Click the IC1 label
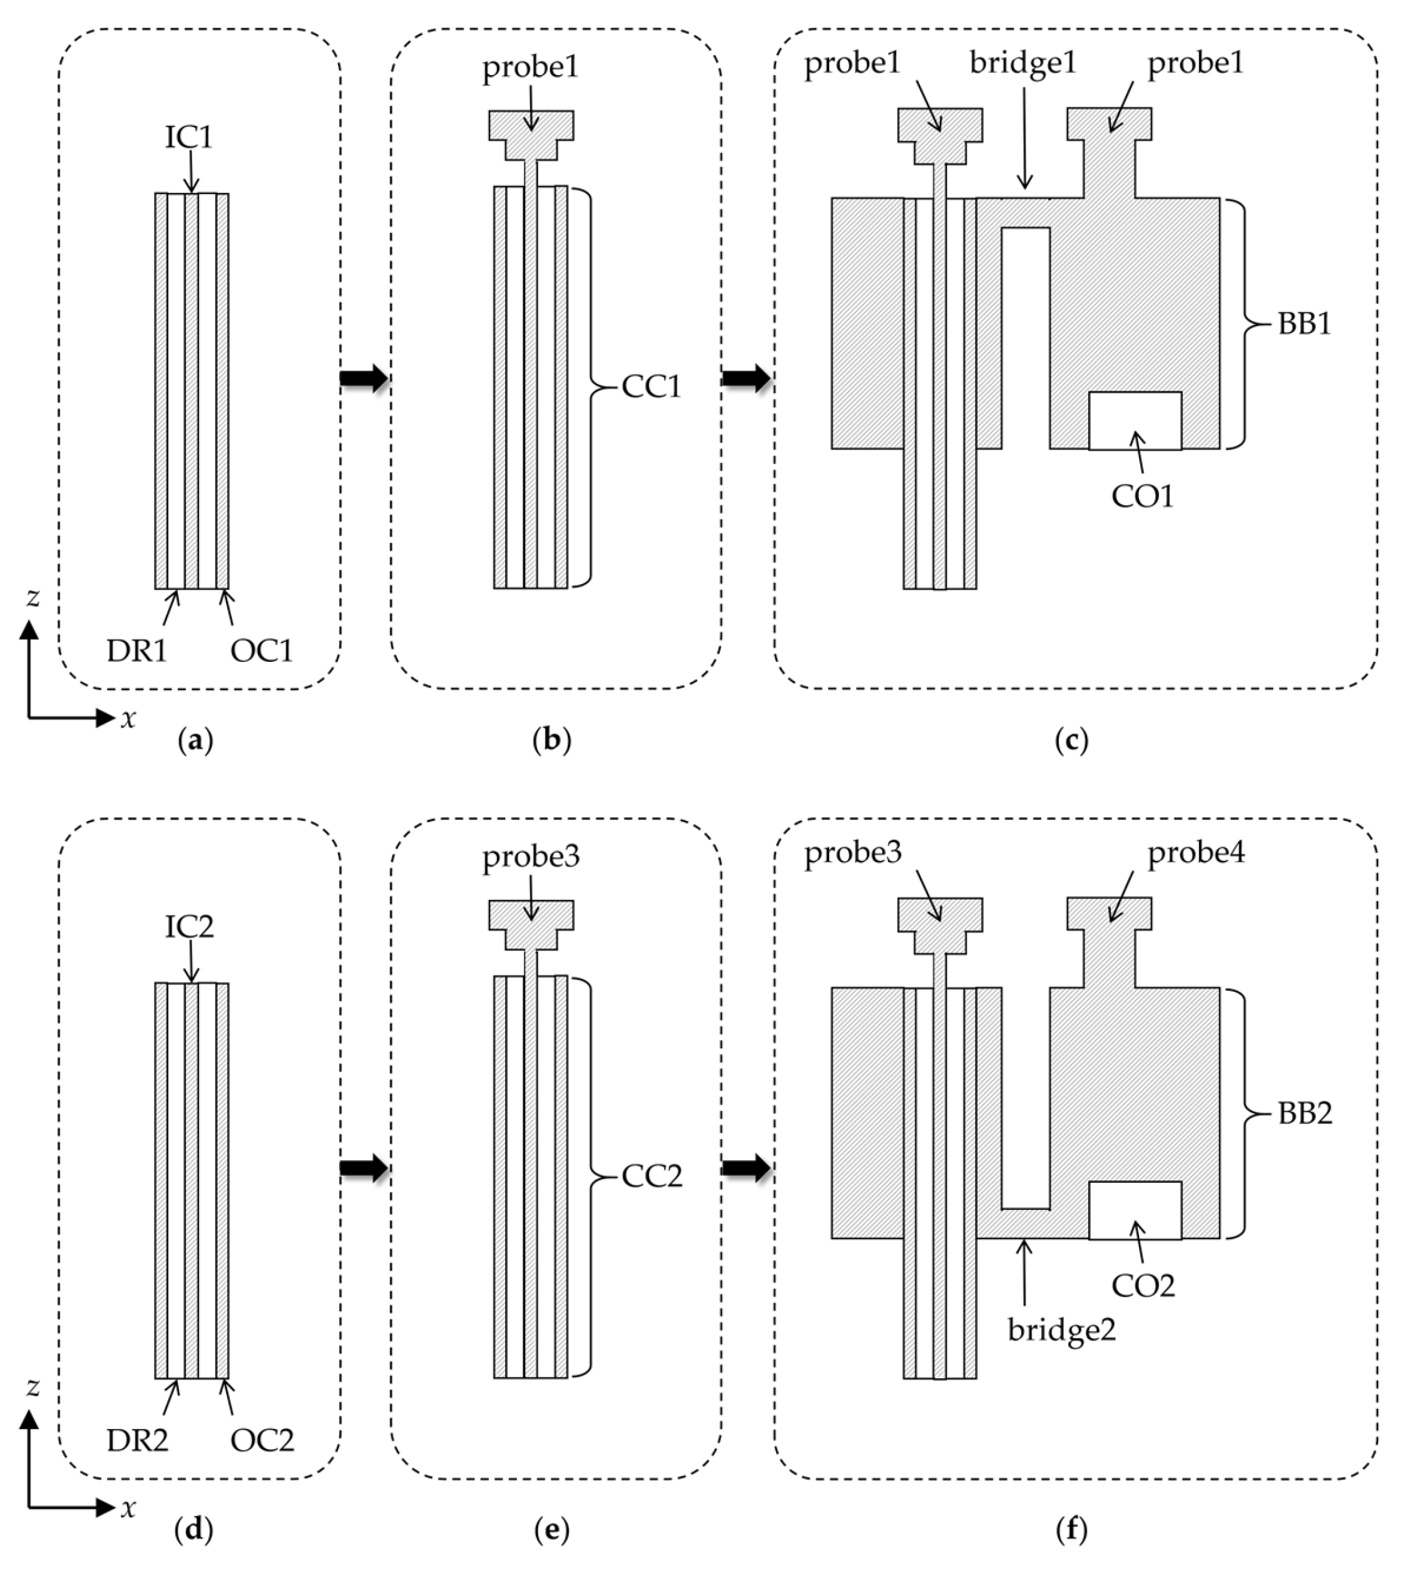(x=188, y=138)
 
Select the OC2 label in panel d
(x=262, y=1440)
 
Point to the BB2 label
(x=1305, y=1113)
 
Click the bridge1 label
(x=1023, y=63)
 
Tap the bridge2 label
(x=1061, y=1330)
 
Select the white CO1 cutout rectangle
(x=1134, y=420)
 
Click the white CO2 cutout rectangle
(x=1134, y=1210)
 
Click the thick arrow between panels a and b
(x=364, y=378)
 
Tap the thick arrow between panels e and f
(x=746, y=1168)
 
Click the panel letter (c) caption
(x=1071, y=741)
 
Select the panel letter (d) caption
(x=194, y=1529)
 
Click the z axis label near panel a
(x=33, y=597)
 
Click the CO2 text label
(x=1143, y=1285)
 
